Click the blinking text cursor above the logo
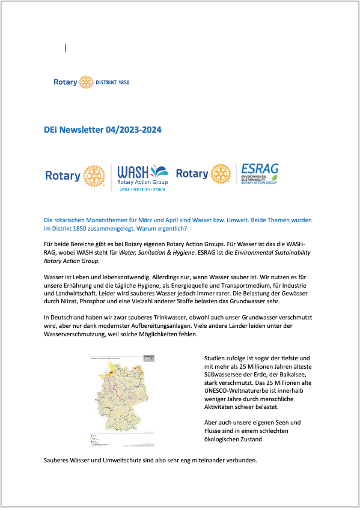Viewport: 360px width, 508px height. tap(65, 48)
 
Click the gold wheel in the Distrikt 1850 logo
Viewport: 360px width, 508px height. tap(86, 82)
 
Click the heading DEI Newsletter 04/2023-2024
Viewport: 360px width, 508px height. tap(103, 130)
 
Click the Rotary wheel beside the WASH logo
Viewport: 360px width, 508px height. tap(94, 176)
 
